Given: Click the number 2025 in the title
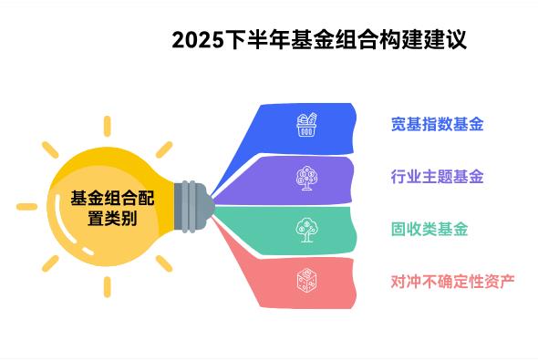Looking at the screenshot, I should (195, 40).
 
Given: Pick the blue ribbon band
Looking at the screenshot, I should (301, 127).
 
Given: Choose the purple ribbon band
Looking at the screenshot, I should (301, 178).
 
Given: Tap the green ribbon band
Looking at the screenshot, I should (301, 229).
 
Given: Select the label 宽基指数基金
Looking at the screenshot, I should (437, 125).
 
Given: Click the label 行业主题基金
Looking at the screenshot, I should (437, 177).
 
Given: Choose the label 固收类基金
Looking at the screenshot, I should (429, 229).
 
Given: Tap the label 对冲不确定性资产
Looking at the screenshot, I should (452, 280).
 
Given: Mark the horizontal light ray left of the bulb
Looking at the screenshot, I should (27, 206).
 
